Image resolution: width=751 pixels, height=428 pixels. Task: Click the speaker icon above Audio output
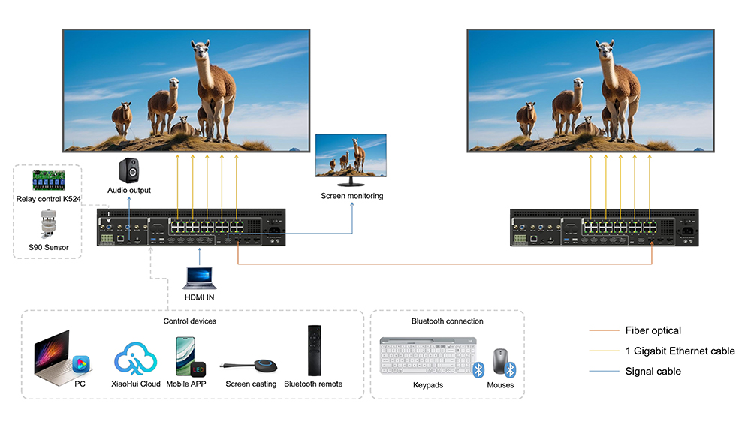(129, 170)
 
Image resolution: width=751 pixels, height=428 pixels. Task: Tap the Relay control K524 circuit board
(48, 180)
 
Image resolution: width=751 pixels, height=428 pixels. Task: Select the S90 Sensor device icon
(48, 224)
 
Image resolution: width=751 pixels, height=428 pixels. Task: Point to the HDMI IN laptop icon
(200, 278)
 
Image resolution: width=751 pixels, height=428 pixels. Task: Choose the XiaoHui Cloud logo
(135, 359)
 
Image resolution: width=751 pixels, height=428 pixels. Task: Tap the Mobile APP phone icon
(190, 357)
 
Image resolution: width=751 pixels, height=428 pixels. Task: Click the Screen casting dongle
(249, 366)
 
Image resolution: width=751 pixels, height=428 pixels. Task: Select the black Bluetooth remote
(314, 351)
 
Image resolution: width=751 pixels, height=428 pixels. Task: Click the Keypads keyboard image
(428, 356)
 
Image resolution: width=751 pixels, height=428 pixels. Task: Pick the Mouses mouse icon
(500, 361)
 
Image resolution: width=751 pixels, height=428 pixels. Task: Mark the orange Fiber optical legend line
(604, 330)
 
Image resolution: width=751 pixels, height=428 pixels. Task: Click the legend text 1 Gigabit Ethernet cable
(680, 351)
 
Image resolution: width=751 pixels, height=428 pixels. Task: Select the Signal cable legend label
(653, 371)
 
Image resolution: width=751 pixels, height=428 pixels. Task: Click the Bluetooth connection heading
(448, 321)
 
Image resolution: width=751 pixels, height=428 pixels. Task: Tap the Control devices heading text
(190, 321)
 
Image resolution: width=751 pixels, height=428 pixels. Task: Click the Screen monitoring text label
(352, 196)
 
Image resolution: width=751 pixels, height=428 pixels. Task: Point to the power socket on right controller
(687, 231)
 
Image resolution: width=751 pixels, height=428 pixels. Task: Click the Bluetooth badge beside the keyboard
(478, 369)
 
